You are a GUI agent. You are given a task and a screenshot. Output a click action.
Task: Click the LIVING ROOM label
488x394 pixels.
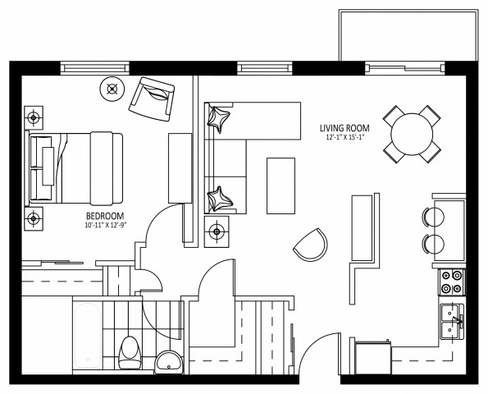tap(344, 128)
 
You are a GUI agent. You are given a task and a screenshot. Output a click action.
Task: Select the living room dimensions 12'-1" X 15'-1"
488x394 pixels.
tap(344, 138)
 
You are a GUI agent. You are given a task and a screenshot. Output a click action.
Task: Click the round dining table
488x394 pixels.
tap(411, 132)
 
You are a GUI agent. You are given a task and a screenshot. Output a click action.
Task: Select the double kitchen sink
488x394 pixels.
tap(451, 321)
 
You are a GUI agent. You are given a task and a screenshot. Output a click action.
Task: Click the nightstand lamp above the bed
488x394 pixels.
tap(34, 118)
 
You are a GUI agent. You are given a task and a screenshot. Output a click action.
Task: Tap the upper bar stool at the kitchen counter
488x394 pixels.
tap(433, 216)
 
